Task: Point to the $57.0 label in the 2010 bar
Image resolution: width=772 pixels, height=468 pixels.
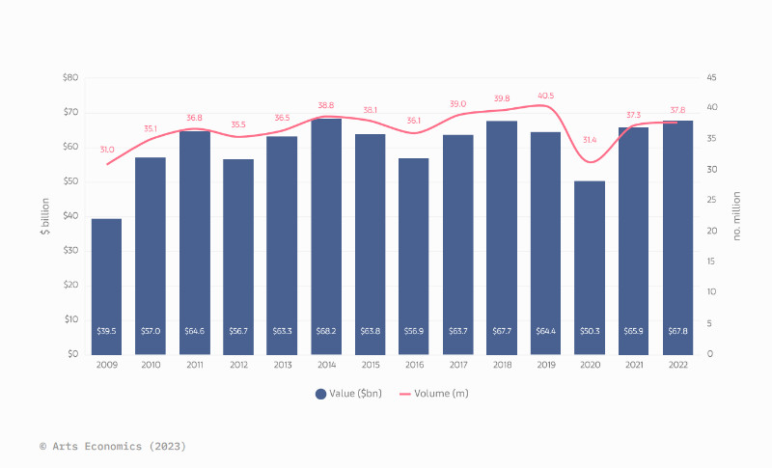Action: coord(151,332)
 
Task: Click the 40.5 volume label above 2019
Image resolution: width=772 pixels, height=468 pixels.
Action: coord(546,96)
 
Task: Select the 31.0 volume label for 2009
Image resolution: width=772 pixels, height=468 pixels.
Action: coord(106,150)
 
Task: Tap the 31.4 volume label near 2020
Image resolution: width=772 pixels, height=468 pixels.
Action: coord(590,140)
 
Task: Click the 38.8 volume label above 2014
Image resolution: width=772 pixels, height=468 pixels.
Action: coord(326,105)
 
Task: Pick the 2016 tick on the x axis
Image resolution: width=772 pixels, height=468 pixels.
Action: coord(414,365)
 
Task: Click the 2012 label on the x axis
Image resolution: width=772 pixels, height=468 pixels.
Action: coord(238,365)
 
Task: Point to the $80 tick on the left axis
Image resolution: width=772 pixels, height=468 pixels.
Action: coord(70,77)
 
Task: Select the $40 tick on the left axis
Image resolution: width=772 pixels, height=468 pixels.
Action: coord(70,216)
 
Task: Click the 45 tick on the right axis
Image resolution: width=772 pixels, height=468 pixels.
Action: coord(710,77)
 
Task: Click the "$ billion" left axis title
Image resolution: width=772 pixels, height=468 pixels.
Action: coord(45,216)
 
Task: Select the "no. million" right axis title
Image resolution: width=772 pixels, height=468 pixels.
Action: coord(737,216)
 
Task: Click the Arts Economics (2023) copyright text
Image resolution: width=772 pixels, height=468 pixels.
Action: coord(113,447)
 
